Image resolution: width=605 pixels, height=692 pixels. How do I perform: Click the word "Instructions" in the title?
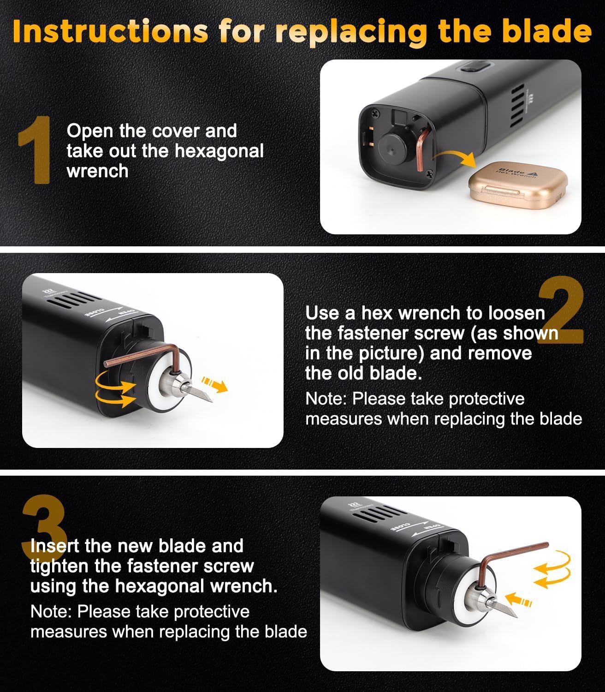(110, 31)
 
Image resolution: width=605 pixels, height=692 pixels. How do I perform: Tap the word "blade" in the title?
(547, 31)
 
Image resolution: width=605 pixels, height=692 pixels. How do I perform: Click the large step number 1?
(35, 149)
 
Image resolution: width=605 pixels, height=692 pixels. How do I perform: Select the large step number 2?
(561, 310)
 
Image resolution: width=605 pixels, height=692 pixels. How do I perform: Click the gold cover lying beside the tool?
(517, 187)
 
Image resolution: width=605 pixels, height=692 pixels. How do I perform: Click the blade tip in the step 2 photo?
(212, 401)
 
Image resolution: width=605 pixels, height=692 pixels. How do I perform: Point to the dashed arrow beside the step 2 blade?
(215, 384)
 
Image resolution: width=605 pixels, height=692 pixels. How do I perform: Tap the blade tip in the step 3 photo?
(516, 617)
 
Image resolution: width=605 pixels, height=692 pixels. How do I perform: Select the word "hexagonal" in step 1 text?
(219, 151)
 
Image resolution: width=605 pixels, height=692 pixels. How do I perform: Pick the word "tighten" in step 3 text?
(59, 566)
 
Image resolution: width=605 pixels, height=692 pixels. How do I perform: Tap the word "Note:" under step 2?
(326, 399)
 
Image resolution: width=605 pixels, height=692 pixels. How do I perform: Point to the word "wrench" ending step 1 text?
(97, 171)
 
